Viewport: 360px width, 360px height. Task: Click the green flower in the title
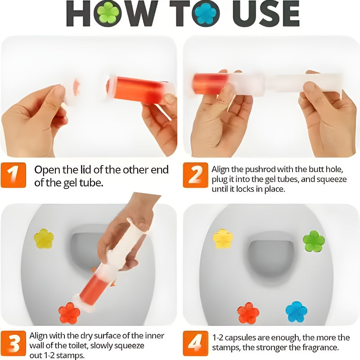108,13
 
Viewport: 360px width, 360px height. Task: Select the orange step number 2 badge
195,175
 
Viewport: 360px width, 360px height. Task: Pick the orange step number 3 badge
14,343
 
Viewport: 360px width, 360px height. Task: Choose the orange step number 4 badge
195,343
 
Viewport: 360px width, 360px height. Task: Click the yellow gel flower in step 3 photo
44,238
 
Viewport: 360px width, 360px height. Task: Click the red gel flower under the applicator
69,313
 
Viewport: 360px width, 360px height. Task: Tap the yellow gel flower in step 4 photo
223,238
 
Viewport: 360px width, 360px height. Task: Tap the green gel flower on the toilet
314,241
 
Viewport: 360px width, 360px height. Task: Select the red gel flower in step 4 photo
248,313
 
